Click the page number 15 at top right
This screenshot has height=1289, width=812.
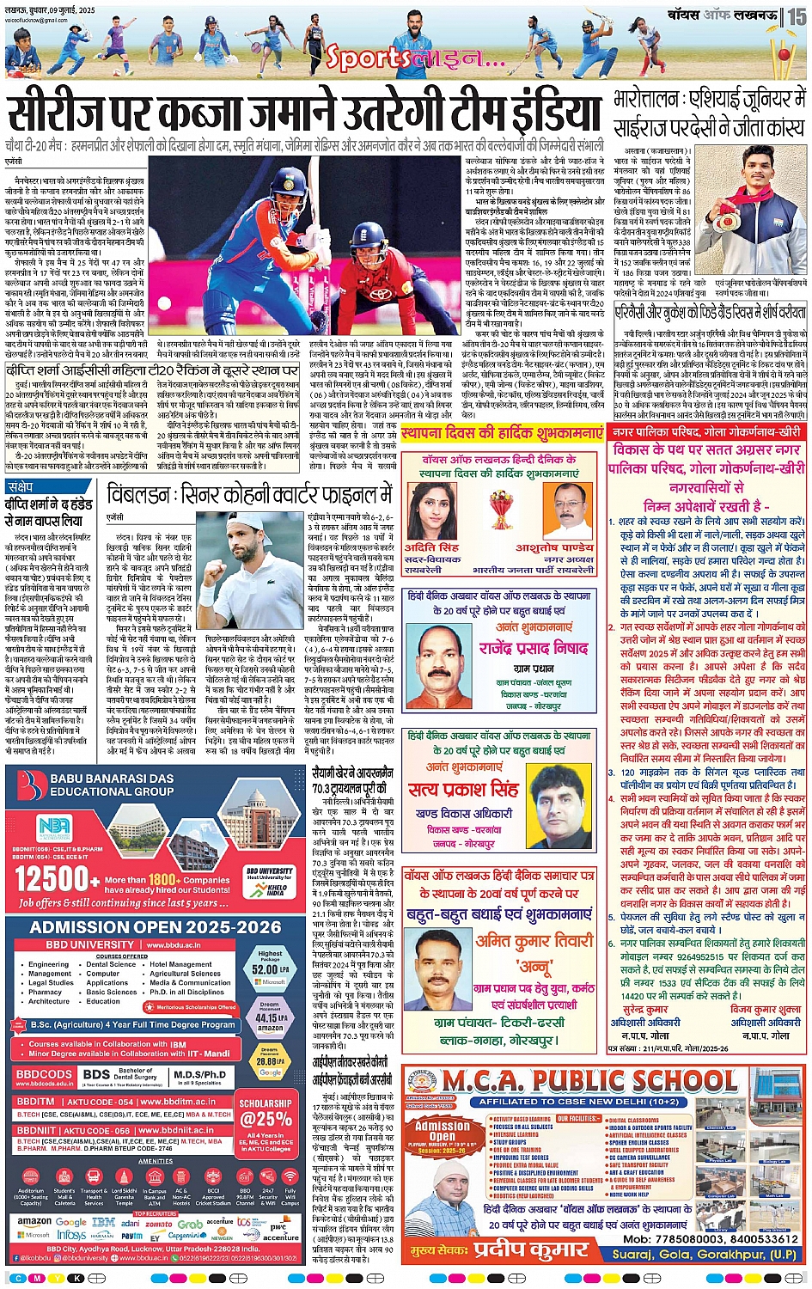(x=797, y=15)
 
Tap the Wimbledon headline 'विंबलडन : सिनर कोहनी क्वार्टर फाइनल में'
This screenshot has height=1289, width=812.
(x=249, y=496)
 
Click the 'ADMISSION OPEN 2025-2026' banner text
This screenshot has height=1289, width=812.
(x=156, y=927)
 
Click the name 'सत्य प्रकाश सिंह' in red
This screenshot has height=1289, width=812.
(x=463, y=789)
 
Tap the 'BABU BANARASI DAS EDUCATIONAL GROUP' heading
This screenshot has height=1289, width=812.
(x=112, y=785)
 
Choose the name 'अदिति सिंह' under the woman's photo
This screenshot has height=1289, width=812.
(x=431, y=547)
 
